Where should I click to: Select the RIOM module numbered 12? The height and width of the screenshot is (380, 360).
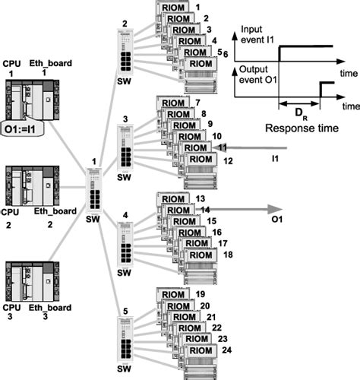201,159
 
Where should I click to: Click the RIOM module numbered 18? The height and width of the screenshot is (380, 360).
201,258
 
